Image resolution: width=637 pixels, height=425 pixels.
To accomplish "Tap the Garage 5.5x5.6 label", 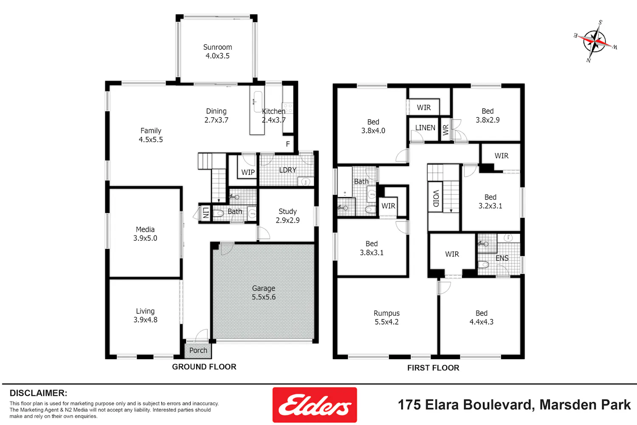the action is pyautogui.click(x=264, y=293).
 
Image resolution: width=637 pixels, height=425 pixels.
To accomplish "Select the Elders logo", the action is pyautogui.click(x=315, y=405).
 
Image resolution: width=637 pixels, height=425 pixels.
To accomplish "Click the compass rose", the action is pyautogui.click(x=595, y=42).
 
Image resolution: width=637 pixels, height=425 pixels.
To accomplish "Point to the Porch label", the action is pyautogui.click(x=198, y=351).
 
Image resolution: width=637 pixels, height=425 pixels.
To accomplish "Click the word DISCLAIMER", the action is pyautogui.click(x=38, y=393).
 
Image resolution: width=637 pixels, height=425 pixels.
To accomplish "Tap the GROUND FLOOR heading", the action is pyautogui.click(x=204, y=367).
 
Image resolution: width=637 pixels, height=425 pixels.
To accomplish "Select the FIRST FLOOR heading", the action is pyautogui.click(x=433, y=368).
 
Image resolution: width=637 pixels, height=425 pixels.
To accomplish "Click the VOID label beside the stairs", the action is pyautogui.click(x=436, y=198).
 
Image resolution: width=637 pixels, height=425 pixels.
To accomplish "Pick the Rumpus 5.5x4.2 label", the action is pyautogui.click(x=386, y=317).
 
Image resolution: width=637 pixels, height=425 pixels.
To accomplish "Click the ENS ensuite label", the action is pyautogui.click(x=502, y=258).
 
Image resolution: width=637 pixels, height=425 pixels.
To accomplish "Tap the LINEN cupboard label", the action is pyautogui.click(x=425, y=128).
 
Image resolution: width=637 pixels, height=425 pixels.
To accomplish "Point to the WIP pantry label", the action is pyautogui.click(x=248, y=172).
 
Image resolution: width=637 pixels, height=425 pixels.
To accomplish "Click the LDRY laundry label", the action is pyautogui.click(x=288, y=170).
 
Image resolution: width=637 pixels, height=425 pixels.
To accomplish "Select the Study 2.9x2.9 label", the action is pyautogui.click(x=287, y=215).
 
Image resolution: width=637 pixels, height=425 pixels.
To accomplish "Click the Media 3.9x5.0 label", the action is pyautogui.click(x=145, y=234).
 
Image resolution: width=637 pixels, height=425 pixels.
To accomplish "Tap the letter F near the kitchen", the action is pyautogui.click(x=288, y=144).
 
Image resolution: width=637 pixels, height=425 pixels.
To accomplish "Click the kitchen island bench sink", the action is pyautogui.click(x=258, y=102).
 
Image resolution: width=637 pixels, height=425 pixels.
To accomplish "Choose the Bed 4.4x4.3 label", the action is pyautogui.click(x=482, y=317).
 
